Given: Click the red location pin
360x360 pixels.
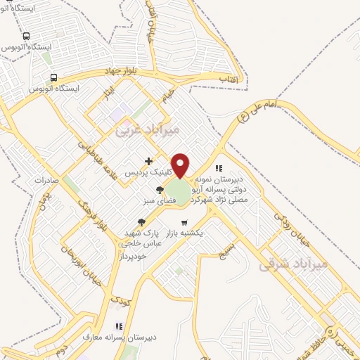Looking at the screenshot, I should (181, 165).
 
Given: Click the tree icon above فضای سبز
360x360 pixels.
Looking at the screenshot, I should (160, 190).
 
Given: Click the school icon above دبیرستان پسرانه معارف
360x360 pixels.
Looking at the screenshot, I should (119, 326).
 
